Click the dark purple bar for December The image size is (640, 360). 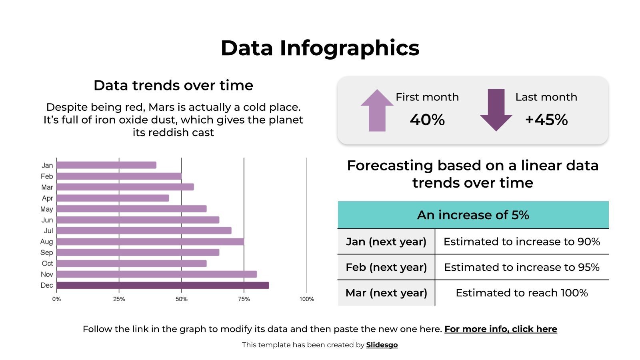162,285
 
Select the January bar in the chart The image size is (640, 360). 106,165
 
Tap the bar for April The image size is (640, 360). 112,198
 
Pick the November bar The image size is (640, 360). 156,274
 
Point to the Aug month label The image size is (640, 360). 46,242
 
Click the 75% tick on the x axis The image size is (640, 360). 244,299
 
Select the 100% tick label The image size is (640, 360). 307,299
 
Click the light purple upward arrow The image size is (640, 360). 377,110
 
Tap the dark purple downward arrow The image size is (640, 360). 496,110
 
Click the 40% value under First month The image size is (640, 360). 427,120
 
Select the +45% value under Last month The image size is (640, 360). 546,120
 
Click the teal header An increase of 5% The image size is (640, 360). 473,215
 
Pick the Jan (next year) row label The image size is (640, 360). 386,242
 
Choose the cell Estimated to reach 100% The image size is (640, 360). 522,293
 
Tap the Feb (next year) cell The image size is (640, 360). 386,267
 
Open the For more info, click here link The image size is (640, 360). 500,329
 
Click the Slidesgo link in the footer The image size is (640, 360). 382,345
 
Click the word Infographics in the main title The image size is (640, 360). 349,48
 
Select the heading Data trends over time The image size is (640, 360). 173,85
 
